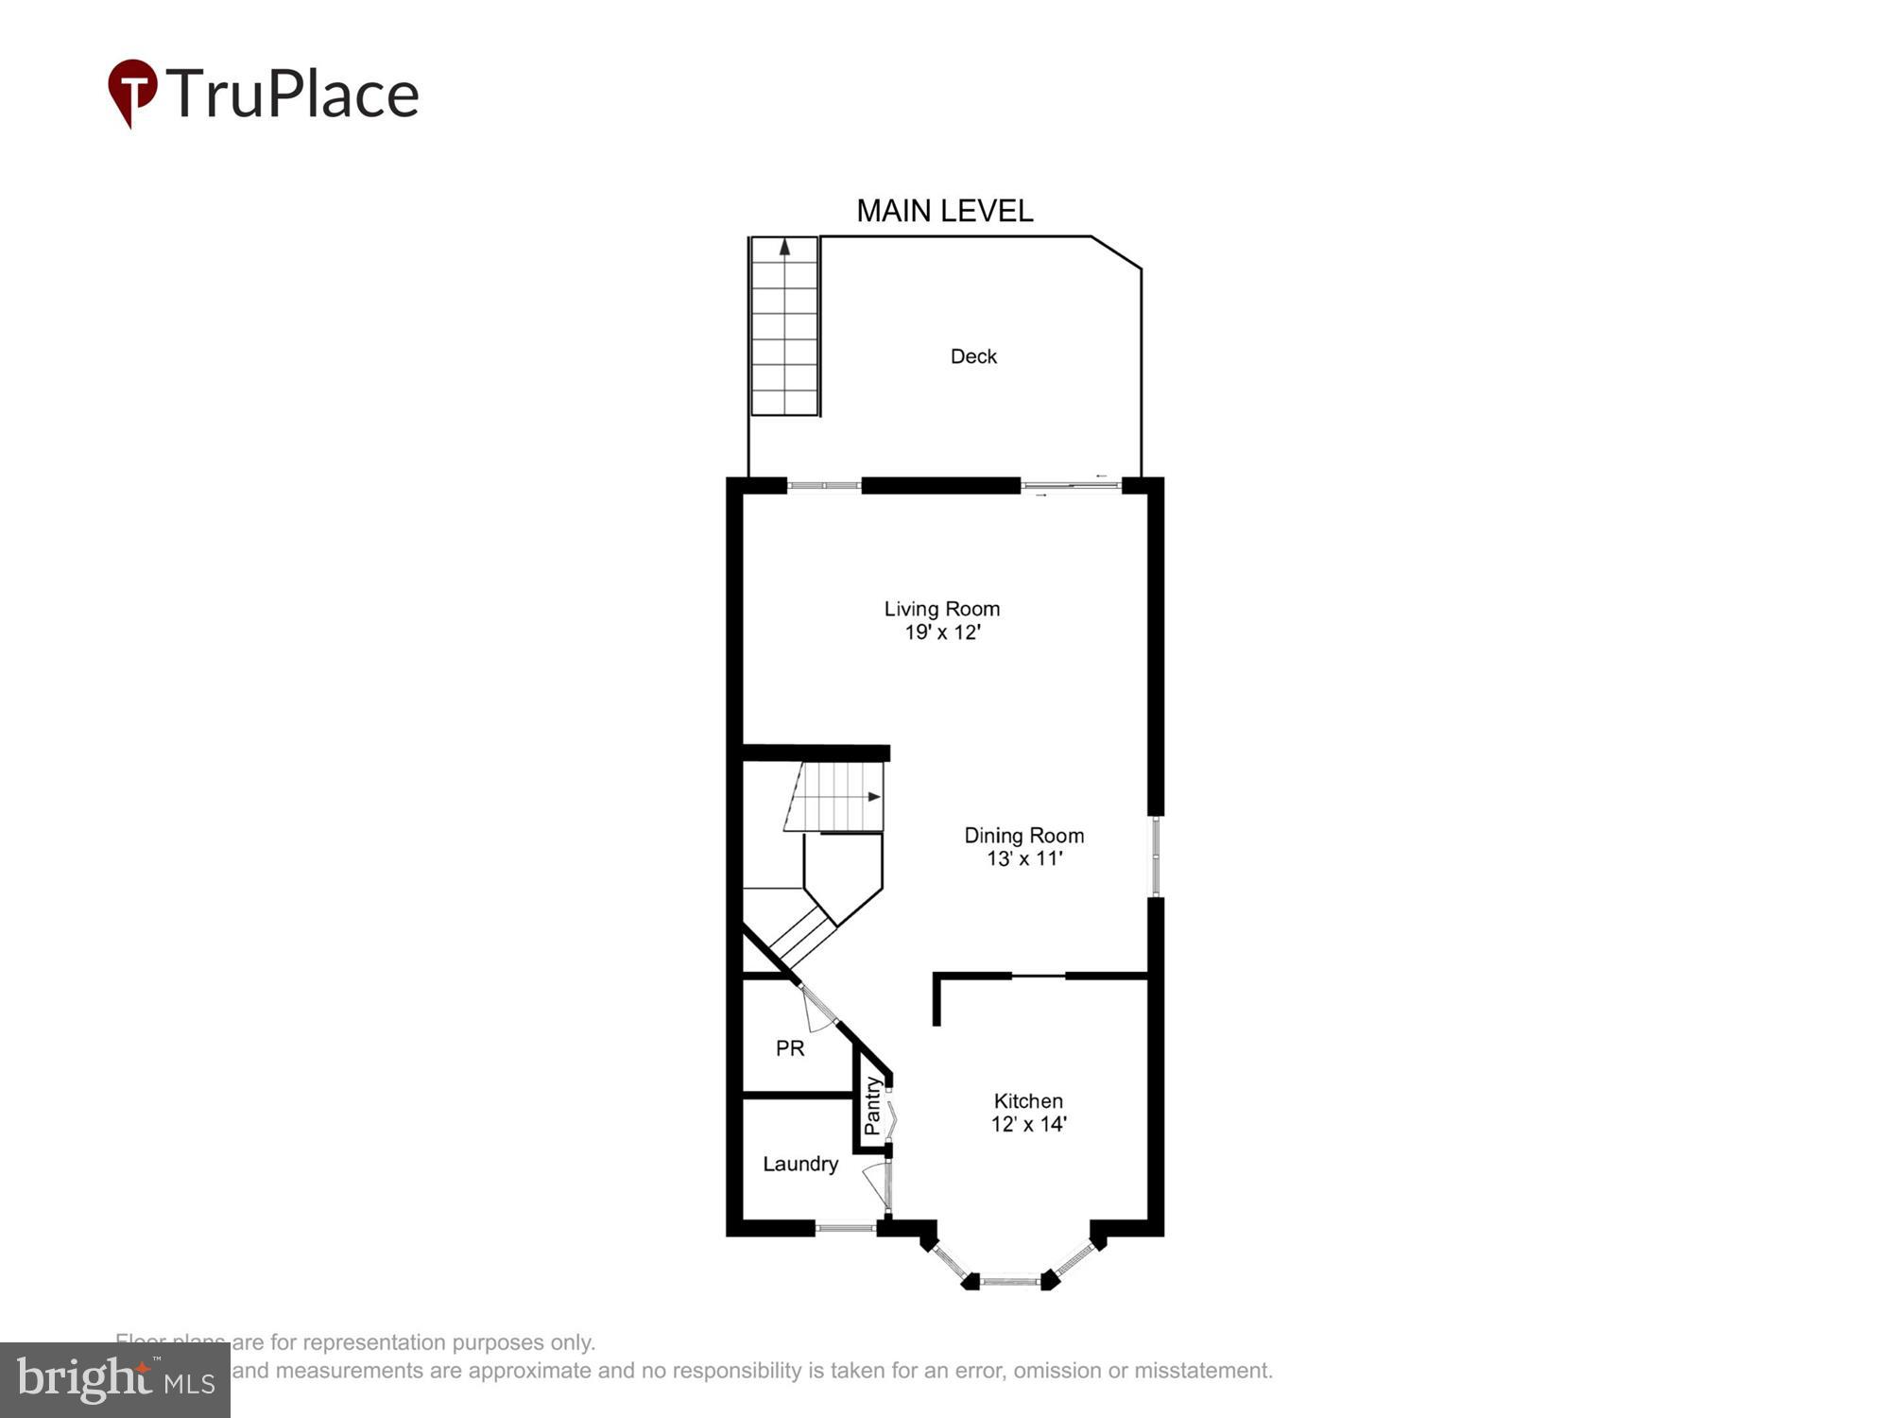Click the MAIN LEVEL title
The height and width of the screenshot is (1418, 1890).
click(x=944, y=211)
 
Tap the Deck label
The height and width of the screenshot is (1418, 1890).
click(x=973, y=356)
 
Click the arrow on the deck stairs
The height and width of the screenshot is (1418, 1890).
click(x=784, y=248)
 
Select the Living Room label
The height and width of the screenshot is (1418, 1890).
click(x=941, y=609)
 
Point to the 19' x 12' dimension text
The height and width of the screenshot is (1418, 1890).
click(x=942, y=632)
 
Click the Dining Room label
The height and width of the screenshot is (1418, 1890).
click(x=1023, y=836)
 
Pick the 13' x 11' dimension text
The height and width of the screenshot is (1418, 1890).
click(x=1024, y=858)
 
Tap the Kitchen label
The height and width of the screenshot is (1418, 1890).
click(x=1028, y=1101)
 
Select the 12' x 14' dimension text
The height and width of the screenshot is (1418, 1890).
click(x=1028, y=1124)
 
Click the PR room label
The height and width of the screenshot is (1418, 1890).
click(x=790, y=1048)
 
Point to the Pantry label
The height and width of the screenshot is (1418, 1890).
click(x=872, y=1107)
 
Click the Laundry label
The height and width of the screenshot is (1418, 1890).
click(x=800, y=1164)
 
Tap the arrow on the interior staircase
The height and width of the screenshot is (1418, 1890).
click(x=873, y=797)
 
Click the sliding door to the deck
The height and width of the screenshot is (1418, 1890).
click(x=1071, y=486)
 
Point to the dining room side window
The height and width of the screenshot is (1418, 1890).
click(x=1155, y=856)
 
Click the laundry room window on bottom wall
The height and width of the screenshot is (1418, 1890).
click(x=846, y=1228)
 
